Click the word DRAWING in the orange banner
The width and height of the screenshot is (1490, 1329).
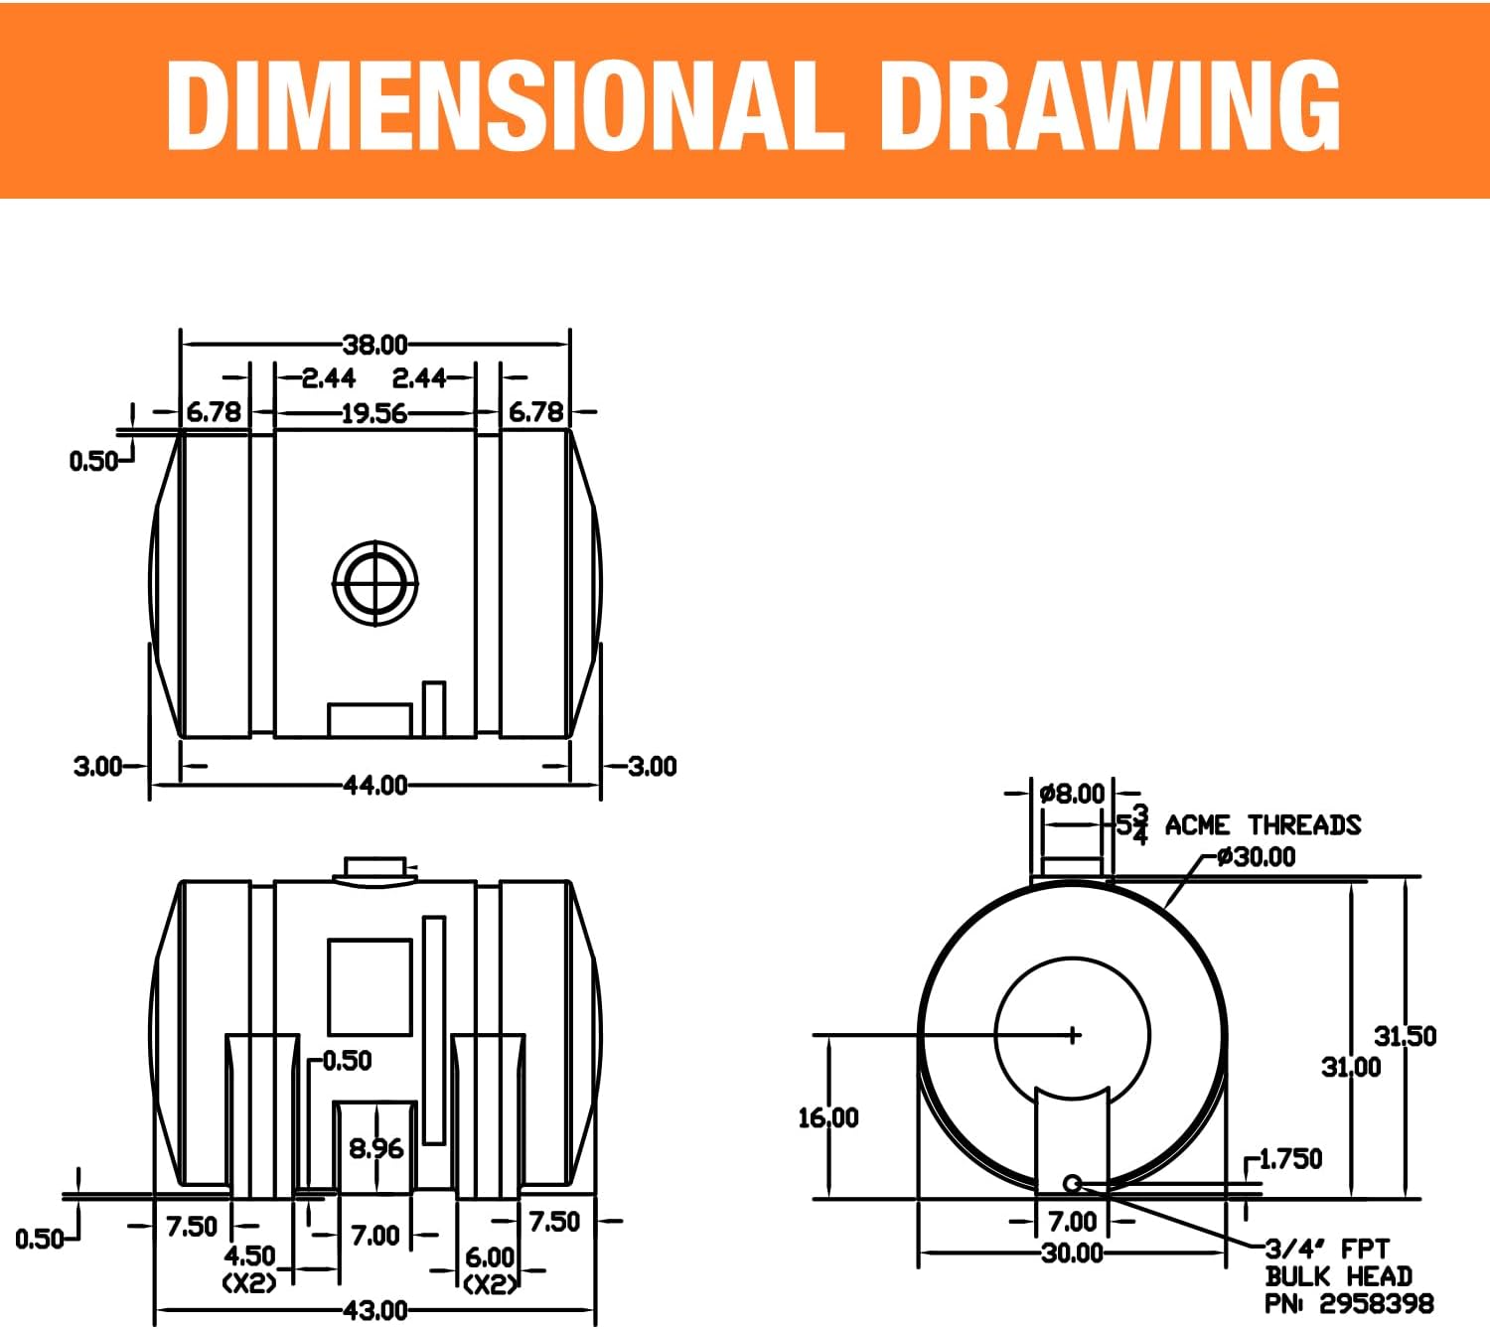pos(1111,106)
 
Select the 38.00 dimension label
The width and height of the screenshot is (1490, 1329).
pos(374,345)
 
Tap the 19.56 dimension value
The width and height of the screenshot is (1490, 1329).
pos(374,413)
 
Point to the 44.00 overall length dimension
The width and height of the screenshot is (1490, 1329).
pos(375,786)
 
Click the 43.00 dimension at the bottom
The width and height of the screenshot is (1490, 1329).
pos(375,1310)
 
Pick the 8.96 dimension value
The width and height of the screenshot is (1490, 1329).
pos(375,1148)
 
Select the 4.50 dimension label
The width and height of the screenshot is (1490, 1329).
pos(250,1255)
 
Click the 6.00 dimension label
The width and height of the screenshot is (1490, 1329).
pos(490,1256)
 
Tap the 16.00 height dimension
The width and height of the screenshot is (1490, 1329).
pos(828,1117)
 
